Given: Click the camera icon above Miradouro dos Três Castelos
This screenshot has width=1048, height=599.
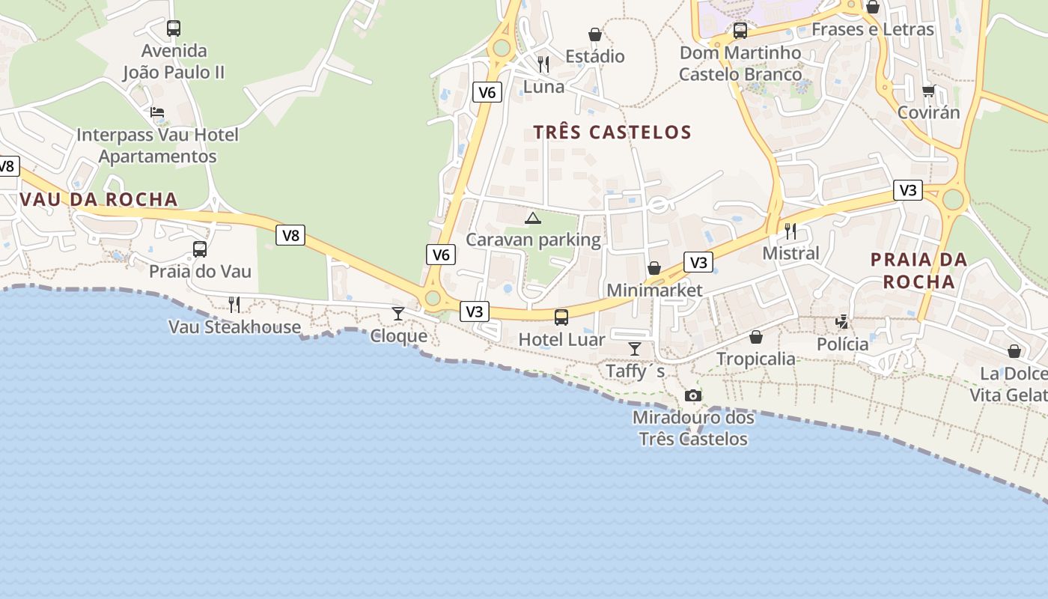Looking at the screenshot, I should pyautogui.click(x=693, y=395).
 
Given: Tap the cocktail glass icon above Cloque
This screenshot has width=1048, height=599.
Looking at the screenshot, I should pyautogui.click(x=398, y=313).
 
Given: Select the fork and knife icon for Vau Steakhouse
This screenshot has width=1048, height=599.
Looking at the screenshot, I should pyautogui.click(x=234, y=304).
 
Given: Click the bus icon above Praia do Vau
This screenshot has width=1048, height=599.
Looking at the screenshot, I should pyautogui.click(x=200, y=249).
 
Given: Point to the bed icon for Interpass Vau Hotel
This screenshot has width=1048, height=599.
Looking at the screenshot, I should pyautogui.click(x=157, y=112).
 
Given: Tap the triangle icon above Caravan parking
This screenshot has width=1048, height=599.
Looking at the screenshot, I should pyautogui.click(x=532, y=218).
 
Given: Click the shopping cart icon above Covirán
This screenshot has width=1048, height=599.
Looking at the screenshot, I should pyautogui.click(x=928, y=91).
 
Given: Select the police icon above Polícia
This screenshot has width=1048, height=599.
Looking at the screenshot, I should pyautogui.click(x=842, y=322).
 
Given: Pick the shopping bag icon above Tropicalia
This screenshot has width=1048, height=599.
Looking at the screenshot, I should pyautogui.click(x=756, y=337).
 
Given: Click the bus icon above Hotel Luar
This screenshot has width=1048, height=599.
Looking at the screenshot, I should pyautogui.click(x=561, y=317).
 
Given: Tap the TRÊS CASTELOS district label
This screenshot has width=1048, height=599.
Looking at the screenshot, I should pyautogui.click(x=612, y=133).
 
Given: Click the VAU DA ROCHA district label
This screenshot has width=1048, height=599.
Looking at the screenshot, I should pyautogui.click(x=99, y=199).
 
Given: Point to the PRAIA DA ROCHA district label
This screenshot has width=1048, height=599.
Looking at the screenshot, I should pyautogui.click(x=919, y=270).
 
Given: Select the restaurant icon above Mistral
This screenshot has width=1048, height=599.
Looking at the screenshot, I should pyautogui.click(x=790, y=231).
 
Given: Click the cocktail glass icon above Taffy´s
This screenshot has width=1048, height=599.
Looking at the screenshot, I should pyautogui.click(x=635, y=348).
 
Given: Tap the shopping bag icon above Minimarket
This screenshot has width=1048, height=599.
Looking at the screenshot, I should pyautogui.click(x=654, y=268).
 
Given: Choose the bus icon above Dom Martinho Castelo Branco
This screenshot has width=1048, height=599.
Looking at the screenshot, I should pyautogui.click(x=740, y=31).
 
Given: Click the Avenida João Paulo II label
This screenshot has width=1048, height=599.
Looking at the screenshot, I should pyautogui.click(x=174, y=61).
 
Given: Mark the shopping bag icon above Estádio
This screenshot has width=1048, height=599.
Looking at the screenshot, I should pyautogui.click(x=595, y=34).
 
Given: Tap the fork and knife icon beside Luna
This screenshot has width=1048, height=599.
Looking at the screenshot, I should pyautogui.click(x=543, y=64).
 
